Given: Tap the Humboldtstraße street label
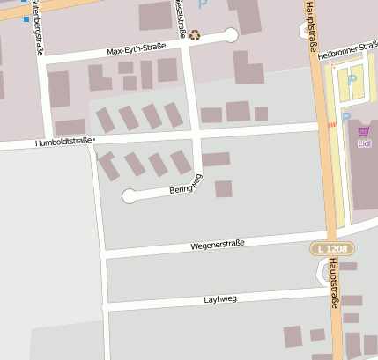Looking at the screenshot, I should [x=63, y=142].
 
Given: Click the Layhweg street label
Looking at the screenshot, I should [x=221, y=298].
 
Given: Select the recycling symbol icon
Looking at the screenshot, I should [x=194, y=36].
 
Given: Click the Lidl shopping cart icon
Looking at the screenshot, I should [x=364, y=131].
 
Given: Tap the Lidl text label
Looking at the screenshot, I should [x=364, y=143].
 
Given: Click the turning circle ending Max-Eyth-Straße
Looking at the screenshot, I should [x=232, y=35].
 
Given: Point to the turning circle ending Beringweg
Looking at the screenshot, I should [x=130, y=196].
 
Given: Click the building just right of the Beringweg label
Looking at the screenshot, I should [x=223, y=188].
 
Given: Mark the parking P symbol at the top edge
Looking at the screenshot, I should [x=203, y=4].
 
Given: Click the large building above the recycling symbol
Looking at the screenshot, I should [x=155, y=15].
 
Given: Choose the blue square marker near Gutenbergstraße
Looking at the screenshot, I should [x=27, y=18].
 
